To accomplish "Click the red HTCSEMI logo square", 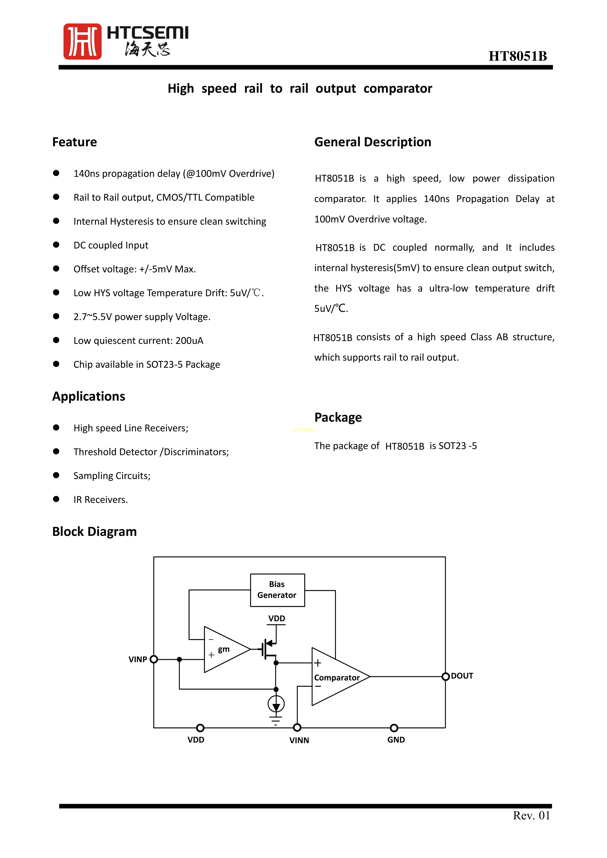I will point(82,42).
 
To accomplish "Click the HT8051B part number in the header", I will point(518,56).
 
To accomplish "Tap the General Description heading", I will point(373,142).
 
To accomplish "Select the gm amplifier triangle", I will point(225,649).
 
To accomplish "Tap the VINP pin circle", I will point(154,659).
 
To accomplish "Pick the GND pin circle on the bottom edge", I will point(394,728).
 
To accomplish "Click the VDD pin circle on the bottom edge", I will point(200,728).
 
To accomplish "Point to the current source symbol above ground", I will point(276,704).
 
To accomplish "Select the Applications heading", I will point(89,396).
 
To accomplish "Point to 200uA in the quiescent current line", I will point(190,341).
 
